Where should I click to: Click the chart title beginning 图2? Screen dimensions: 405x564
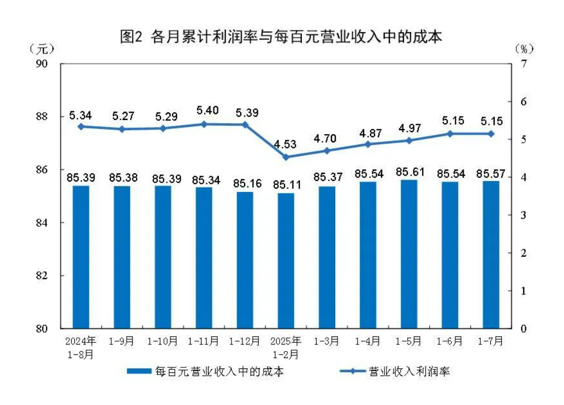click(281, 37)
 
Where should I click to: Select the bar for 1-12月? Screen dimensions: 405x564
click(245, 260)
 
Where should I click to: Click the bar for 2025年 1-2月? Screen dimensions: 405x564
click(286, 261)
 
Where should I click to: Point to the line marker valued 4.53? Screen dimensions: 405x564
click(286, 157)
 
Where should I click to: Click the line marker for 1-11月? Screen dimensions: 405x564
click(204, 124)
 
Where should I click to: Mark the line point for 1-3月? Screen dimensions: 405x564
click(327, 150)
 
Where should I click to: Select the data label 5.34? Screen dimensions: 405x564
click(80, 115)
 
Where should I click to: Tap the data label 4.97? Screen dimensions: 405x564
click(409, 129)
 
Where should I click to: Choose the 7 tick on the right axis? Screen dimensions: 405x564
click(524, 64)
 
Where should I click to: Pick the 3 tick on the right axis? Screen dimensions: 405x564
click(524, 215)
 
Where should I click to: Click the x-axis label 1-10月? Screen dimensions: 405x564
click(163, 342)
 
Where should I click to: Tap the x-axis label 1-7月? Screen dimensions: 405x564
click(491, 342)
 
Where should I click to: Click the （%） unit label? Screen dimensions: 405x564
click(524, 49)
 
